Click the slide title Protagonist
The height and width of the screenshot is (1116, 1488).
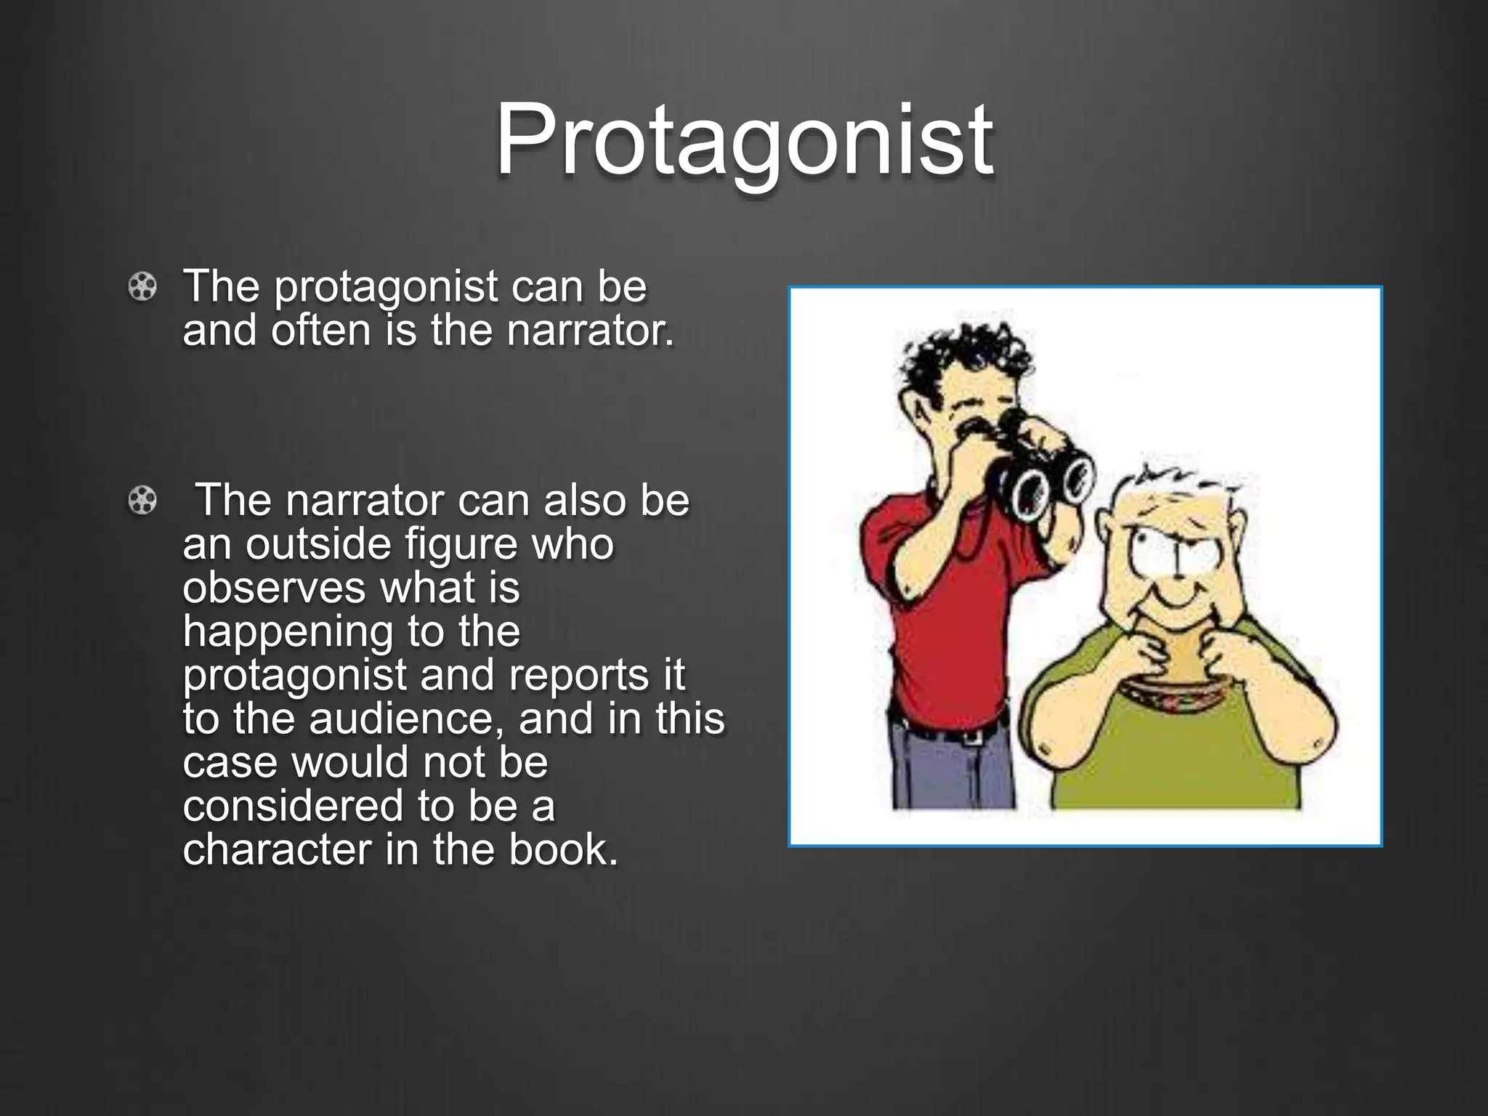pyautogui.click(x=744, y=139)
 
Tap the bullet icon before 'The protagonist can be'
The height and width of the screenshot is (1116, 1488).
pyautogui.click(x=142, y=287)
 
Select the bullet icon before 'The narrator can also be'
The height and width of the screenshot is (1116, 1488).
pyautogui.click(x=142, y=501)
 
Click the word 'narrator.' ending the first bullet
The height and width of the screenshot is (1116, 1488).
pyautogui.click(x=590, y=331)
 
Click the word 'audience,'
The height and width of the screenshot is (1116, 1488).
pyautogui.click(x=406, y=719)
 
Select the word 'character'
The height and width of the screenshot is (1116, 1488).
pyautogui.click(x=277, y=849)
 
